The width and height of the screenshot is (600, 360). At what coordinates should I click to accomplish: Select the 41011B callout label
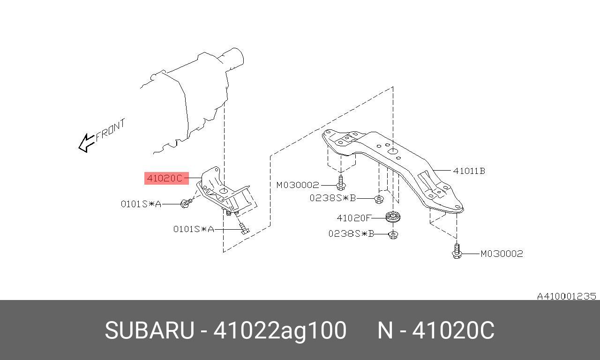[469, 171]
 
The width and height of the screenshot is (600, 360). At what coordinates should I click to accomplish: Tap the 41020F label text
[353, 218]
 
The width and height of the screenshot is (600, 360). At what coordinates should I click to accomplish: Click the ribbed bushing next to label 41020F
[393, 217]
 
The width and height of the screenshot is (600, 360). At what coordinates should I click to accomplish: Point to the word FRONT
[110, 130]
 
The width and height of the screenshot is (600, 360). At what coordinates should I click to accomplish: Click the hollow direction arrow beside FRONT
[86, 143]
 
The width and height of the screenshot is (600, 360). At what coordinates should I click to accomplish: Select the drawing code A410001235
[567, 296]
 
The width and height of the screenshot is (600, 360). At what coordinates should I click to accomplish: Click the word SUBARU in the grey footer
[150, 330]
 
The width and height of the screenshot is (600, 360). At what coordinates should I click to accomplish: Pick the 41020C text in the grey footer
[453, 330]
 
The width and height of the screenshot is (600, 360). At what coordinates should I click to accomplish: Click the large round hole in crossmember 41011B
[393, 152]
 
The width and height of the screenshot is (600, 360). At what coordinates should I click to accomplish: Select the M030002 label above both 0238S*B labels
[298, 185]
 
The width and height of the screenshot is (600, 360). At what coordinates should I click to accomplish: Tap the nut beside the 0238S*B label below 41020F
[393, 235]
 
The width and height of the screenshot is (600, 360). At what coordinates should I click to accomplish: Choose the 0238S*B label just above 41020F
[333, 198]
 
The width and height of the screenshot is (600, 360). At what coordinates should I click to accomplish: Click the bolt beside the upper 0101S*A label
[186, 203]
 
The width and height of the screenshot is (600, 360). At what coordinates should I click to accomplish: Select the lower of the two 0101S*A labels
[194, 229]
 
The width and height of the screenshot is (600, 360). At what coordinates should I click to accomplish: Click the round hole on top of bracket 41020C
[224, 191]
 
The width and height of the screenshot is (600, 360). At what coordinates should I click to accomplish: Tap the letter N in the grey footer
[385, 330]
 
